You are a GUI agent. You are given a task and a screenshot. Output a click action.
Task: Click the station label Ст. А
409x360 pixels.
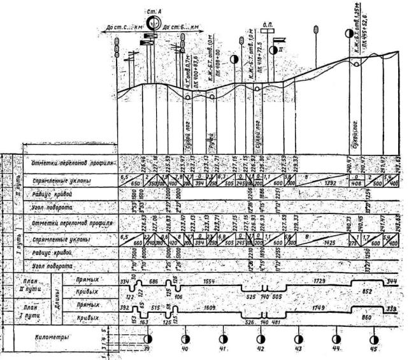pyautogui.click(x=154, y=11)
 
